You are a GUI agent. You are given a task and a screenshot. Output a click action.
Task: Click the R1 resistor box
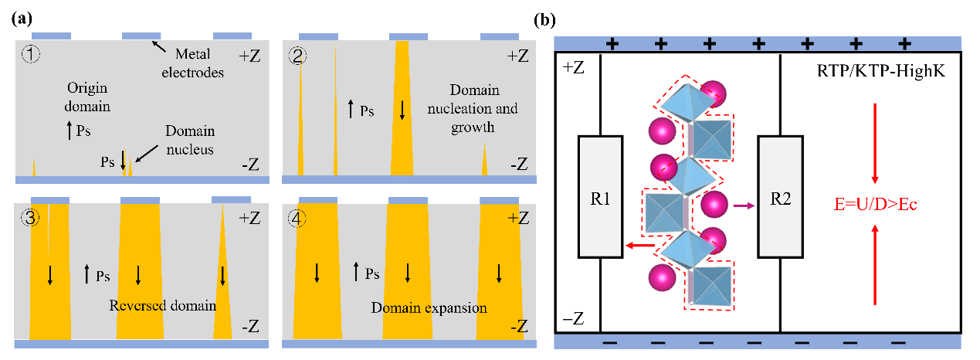[x=600, y=197]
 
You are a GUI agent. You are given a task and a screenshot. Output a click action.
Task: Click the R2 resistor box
[x=780, y=197]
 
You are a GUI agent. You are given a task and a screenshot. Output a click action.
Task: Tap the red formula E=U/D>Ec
[x=875, y=204]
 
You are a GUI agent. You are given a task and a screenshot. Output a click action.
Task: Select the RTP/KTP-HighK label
[x=880, y=70]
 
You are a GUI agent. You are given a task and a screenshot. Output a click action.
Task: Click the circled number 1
[x=31, y=54]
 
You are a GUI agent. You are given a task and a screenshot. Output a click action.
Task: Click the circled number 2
[x=297, y=56]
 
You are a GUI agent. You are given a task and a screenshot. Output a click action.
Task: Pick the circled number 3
[x=30, y=217]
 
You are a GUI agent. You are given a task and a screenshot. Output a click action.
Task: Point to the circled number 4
[x=297, y=219]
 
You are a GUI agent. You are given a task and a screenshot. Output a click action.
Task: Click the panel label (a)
[x=22, y=19]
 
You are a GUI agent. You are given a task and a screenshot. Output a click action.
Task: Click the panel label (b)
[x=544, y=20]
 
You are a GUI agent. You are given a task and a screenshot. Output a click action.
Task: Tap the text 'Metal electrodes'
[x=192, y=63]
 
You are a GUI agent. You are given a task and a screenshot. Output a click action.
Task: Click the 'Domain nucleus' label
[x=190, y=140]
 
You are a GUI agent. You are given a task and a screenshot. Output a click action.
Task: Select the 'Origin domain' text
[x=87, y=97]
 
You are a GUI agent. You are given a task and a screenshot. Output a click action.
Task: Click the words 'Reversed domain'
[x=163, y=305]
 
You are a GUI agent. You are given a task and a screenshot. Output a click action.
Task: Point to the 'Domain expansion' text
[x=429, y=307]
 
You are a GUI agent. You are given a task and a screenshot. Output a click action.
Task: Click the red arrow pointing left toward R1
[x=640, y=246]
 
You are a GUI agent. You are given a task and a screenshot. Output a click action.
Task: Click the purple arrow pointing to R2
[x=744, y=205]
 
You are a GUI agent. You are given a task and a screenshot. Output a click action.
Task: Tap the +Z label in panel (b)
[x=574, y=67]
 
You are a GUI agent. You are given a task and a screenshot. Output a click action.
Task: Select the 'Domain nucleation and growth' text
[x=473, y=108]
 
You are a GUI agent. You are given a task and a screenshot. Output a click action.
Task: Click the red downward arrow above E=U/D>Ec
[x=875, y=144]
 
